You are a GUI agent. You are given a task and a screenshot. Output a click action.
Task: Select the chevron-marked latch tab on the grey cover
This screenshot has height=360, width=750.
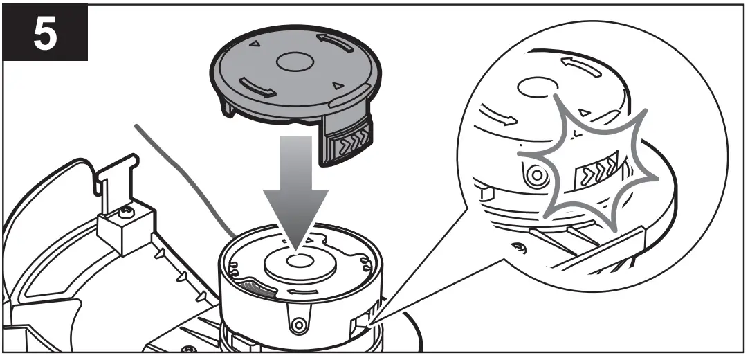(349, 141)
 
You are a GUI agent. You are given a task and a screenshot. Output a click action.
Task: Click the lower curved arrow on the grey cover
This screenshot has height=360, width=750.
(256, 87)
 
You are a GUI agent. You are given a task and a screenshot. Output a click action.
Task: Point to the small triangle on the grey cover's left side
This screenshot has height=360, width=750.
(254, 43)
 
